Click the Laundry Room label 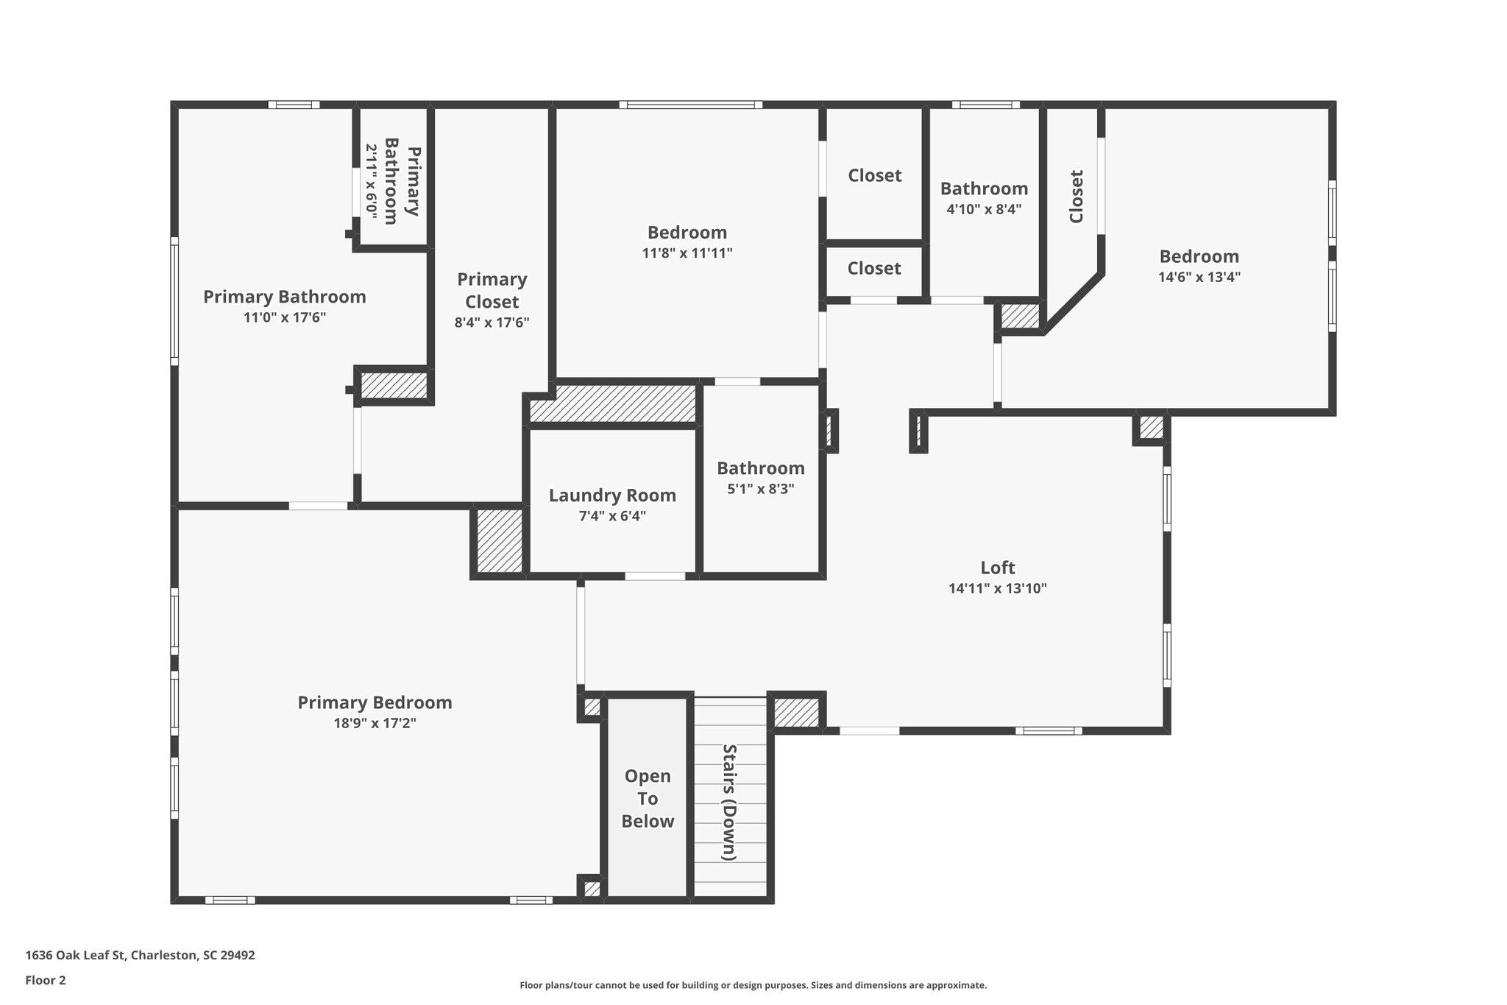pyautogui.click(x=612, y=496)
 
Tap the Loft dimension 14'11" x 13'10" pyautogui.click(x=997, y=588)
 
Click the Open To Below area pyautogui.click(x=648, y=799)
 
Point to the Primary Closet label pyautogui.click(x=492, y=290)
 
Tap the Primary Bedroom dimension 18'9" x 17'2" pyautogui.click(x=375, y=723)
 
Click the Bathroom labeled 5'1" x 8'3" pyautogui.click(x=760, y=468)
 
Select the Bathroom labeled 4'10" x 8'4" pyautogui.click(x=983, y=188)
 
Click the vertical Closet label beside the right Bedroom pyautogui.click(x=1076, y=196)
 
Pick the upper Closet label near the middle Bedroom pyautogui.click(x=874, y=175)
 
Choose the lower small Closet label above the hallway pyautogui.click(x=873, y=268)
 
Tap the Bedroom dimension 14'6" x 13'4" pyautogui.click(x=1199, y=277)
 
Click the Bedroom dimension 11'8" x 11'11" pyautogui.click(x=687, y=253)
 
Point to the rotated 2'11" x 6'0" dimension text pyautogui.click(x=372, y=181)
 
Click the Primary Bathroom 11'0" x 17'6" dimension pyautogui.click(x=284, y=317)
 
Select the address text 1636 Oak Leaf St pyautogui.click(x=140, y=955)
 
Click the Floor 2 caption pyautogui.click(x=46, y=980)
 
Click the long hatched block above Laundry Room pyautogui.click(x=613, y=403)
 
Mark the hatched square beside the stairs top pyautogui.click(x=795, y=712)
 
